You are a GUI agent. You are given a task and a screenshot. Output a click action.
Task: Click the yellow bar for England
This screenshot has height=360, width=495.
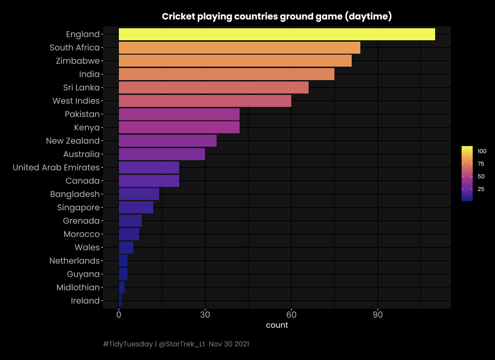click(x=276, y=35)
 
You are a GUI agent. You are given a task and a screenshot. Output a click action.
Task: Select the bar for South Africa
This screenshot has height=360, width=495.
click(x=239, y=48)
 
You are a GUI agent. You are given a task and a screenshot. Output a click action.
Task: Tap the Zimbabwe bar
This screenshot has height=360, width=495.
click(x=235, y=61)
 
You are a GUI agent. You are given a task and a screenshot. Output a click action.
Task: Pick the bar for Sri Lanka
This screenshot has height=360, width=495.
click(x=213, y=88)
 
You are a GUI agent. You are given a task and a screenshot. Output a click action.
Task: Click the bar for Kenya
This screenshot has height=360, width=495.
click(x=179, y=128)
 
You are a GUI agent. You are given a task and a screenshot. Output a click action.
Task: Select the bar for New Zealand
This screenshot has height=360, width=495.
click(x=167, y=141)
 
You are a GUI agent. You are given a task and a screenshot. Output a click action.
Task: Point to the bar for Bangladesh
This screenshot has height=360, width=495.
click(x=138, y=194)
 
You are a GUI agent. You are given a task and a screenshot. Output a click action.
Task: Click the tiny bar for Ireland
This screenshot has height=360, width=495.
click(x=120, y=301)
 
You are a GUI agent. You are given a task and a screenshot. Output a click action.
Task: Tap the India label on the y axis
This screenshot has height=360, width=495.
click(x=89, y=74)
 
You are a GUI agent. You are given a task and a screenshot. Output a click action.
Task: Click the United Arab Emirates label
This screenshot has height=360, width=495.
click(x=56, y=168)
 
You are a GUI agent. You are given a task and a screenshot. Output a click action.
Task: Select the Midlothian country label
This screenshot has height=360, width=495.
click(x=78, y=288)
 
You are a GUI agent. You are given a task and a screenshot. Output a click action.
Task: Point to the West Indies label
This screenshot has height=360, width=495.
click(x=76, y=101)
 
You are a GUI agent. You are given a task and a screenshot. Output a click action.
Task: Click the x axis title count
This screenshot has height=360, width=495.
click(x=277, y=325)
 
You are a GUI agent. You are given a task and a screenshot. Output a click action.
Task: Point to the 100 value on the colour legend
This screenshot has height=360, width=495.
click(x=482, y=151)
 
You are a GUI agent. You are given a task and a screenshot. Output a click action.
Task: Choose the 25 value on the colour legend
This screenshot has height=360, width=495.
click(x=480, y=189)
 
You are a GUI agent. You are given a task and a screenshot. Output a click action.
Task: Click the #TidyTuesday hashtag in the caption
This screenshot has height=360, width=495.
click(x=127, y=344)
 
